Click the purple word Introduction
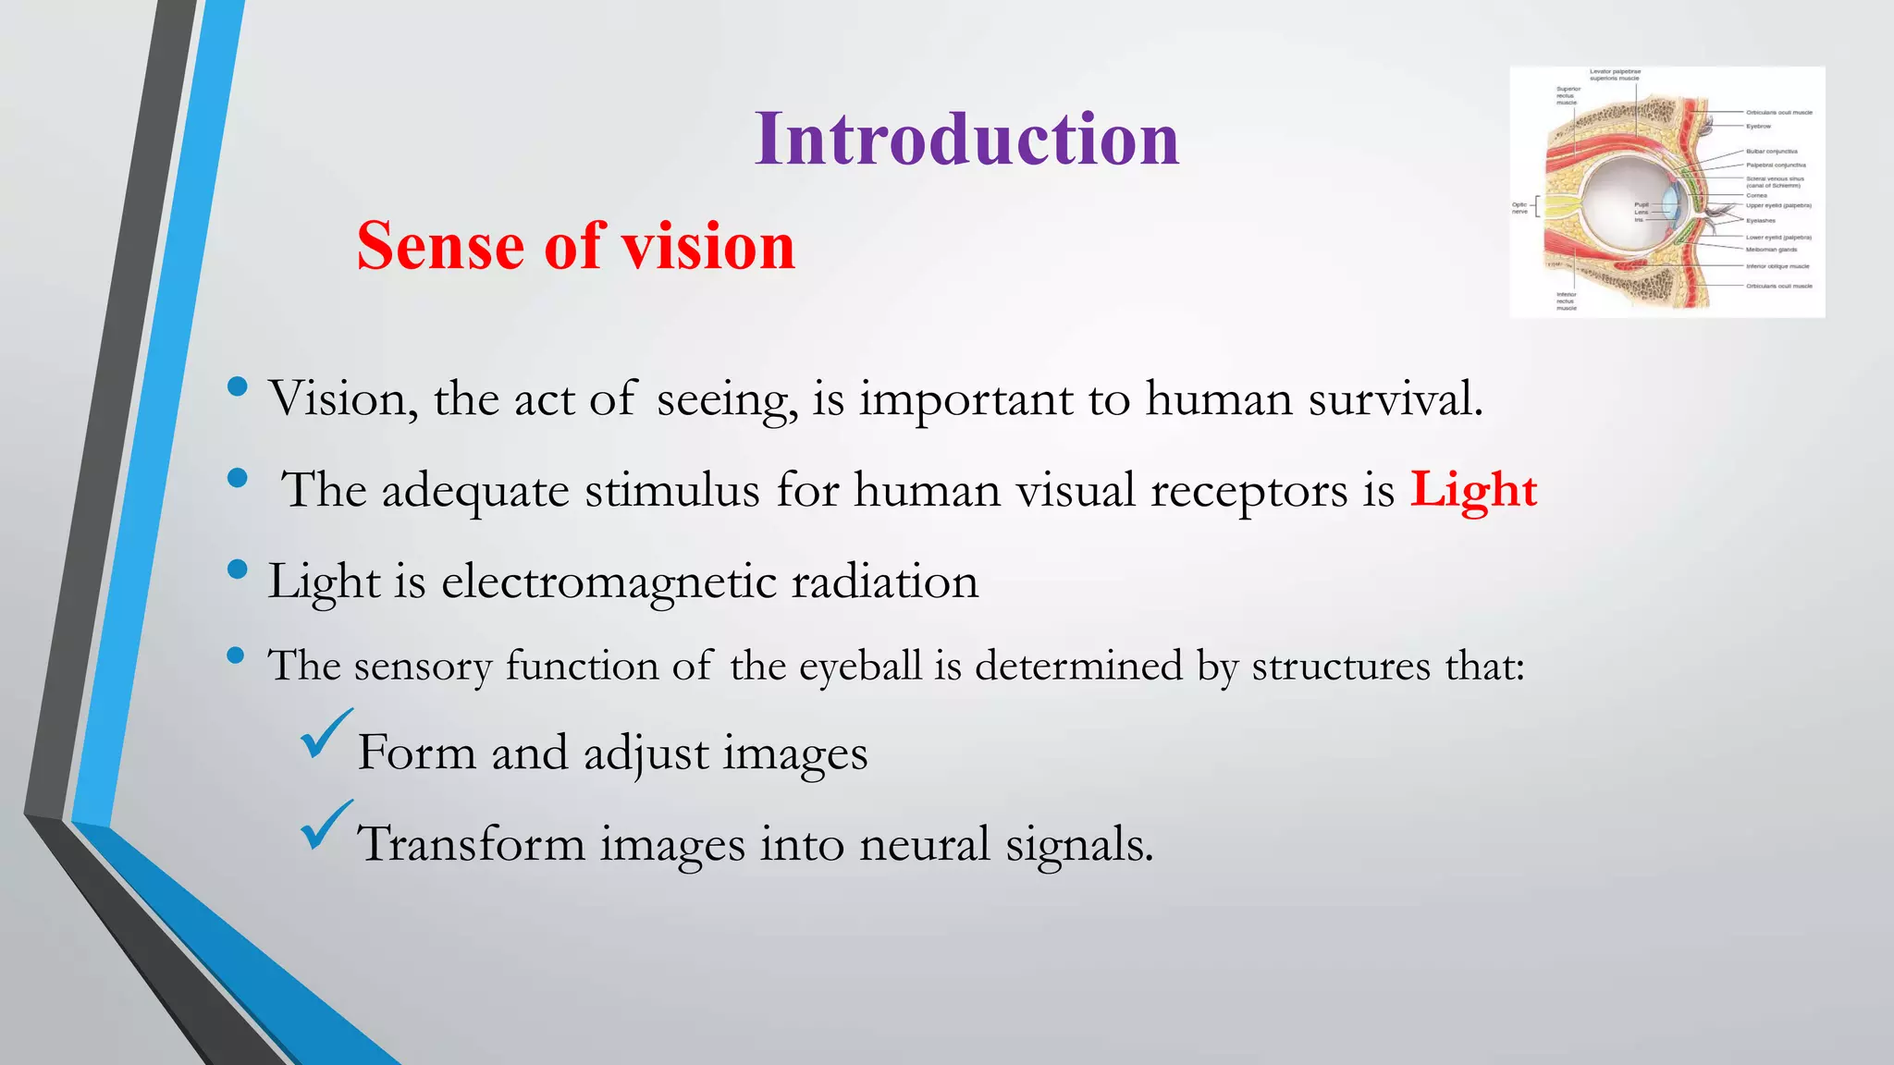(966, 140)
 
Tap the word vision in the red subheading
(707, 247)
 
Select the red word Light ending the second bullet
(1472, 490)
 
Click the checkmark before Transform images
(326, 826)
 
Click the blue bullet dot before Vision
(238, 386)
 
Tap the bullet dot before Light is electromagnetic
(238, 569)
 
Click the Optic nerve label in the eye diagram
(1519, 208)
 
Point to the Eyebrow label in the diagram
(1758, 126)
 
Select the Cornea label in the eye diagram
(1756, 195)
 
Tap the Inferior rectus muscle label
(1566, 301)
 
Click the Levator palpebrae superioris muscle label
(1615, 75)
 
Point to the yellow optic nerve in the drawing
(1560, 207)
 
